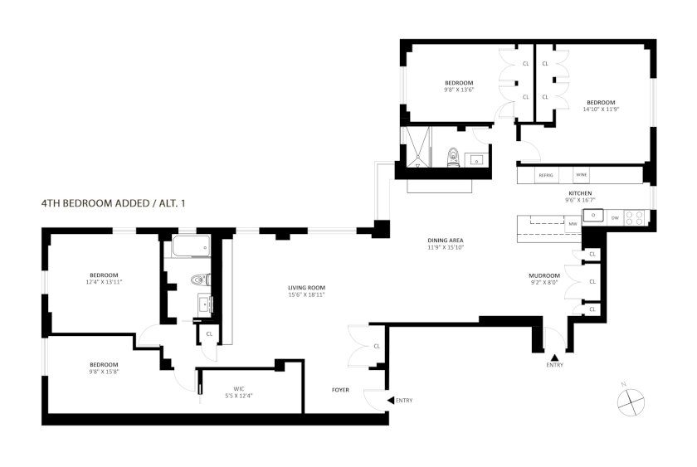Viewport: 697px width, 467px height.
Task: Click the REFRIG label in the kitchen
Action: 546,176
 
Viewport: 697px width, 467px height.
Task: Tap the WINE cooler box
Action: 582,175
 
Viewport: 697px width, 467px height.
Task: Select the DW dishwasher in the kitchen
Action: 615,217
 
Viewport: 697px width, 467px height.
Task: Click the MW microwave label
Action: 573,224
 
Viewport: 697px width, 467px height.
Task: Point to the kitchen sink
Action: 593,216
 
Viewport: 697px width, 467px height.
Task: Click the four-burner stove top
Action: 634,217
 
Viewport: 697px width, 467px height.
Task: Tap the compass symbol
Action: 631,402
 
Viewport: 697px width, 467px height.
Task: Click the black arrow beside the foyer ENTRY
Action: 390,401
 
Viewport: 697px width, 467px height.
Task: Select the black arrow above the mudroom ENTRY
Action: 554,358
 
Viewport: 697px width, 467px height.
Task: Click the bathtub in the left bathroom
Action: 191,246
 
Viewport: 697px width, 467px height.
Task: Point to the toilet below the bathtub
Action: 201,280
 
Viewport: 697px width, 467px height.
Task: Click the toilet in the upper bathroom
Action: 453,157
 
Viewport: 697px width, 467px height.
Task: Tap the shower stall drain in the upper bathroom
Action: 417,165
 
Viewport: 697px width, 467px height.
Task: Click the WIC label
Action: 239,389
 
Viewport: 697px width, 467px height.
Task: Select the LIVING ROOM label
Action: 307,288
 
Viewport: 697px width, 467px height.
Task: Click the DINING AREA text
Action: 446,241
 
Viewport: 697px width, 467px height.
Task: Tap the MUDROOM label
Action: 544,275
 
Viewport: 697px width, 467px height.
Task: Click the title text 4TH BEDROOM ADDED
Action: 95,203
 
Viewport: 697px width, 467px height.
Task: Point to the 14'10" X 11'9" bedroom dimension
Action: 601,109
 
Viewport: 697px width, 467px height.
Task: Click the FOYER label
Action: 340,390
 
